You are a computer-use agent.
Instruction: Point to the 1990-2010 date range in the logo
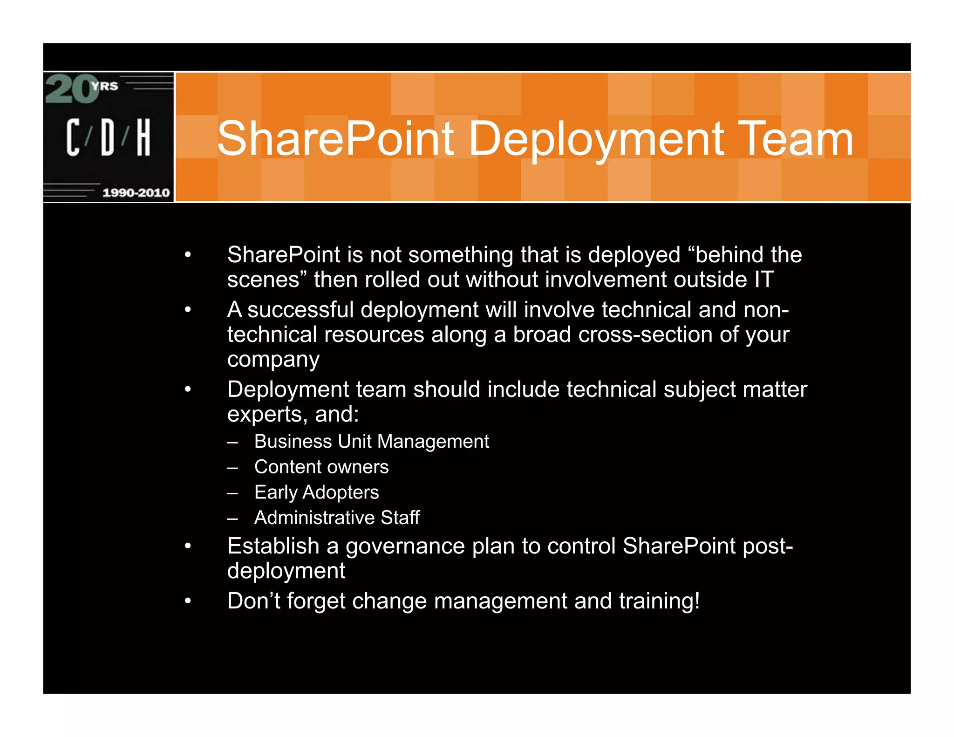pos(136,192)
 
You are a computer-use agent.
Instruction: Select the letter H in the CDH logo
pos(143,137)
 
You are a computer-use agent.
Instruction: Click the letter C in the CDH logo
pos(73,137)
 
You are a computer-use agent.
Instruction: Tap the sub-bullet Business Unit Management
pos(371,442)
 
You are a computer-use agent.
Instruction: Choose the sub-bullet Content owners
pos(321,467)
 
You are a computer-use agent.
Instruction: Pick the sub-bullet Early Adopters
pos(316,492)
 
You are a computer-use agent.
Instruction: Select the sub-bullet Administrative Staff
pos(337,518)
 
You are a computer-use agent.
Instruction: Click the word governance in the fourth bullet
pos(405,546)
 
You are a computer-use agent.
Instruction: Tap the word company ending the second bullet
pos(273,360)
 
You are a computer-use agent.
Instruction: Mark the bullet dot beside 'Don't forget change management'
pos(188,601)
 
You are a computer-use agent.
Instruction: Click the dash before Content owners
pos(233,467)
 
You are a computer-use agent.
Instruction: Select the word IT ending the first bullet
pos(764,280)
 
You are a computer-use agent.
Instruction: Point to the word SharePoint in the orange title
pos(335,139)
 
